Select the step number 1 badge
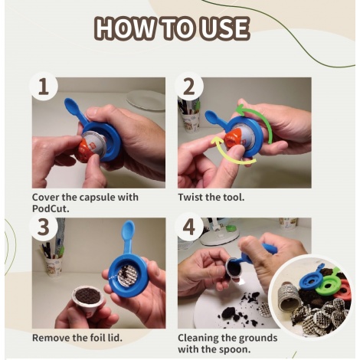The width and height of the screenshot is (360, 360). coord(44,88)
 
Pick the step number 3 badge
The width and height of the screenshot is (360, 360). coord(44,229)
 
